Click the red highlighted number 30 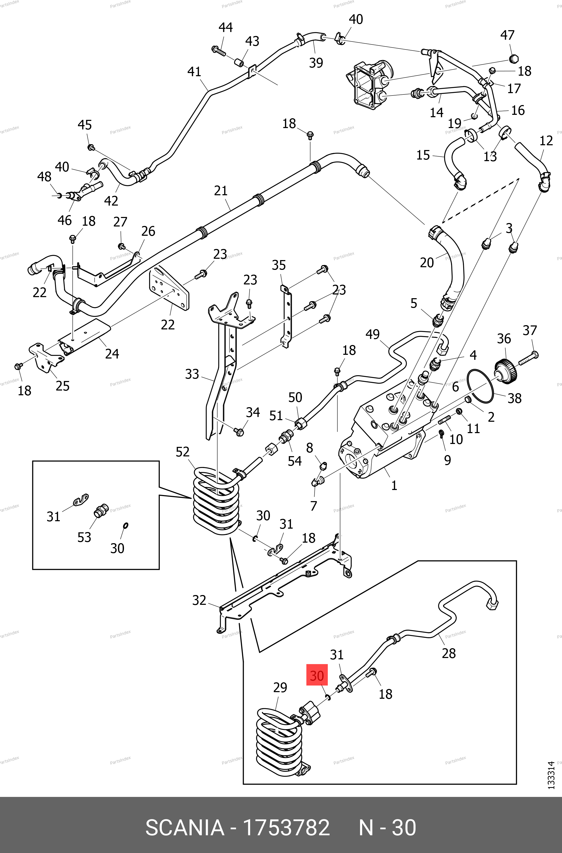(x=317, y=676)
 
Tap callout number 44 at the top (x=225, y=28)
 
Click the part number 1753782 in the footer (x=286, y=828)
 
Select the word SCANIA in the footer (x=185, y=828)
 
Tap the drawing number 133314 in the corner (x=551, y=775)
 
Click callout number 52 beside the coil (x=182, y=452)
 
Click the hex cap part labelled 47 (x=514, y=58)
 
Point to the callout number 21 (x=221, y=191)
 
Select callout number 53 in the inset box (x=84, y=537)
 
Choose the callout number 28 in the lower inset (x=449, y=654)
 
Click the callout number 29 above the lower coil (x=280, y=688)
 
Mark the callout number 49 (x=372, y=334)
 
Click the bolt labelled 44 (x=218, y=51)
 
